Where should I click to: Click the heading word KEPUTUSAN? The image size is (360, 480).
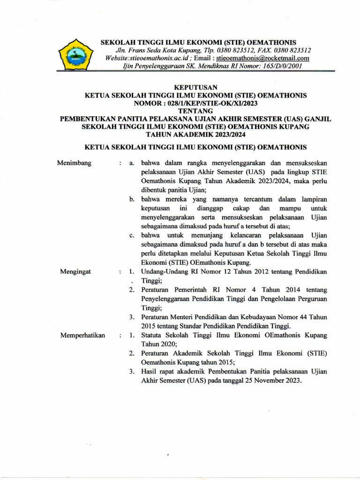(x=195, y=87)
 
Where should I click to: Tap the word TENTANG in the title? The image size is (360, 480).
(x=195, y=111)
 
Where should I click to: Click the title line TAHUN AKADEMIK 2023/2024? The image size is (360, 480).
(x=195, y=135)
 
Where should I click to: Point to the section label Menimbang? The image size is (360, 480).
(x=74, y=163)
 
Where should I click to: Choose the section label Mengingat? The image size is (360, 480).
(x=73, y=271)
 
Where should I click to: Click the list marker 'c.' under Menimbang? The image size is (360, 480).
(x=133, y=235)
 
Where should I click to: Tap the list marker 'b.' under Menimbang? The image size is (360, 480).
(x=133, y=199)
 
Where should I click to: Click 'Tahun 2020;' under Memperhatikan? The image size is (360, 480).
(x=157, y=344)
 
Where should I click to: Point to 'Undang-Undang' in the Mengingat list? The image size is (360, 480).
(x=164, y=272)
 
